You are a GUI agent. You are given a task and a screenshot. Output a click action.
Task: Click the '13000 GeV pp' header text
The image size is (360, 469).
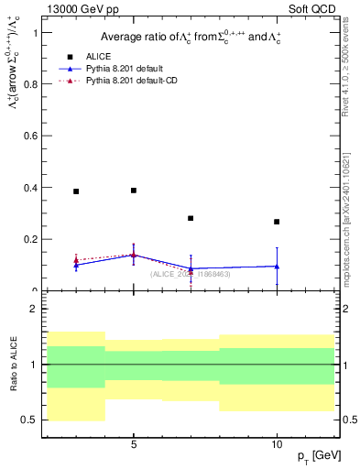pyautogui.click(x=80, y=9)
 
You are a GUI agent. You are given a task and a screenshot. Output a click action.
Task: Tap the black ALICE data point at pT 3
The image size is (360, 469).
pyautogui.click(x=76, y=191)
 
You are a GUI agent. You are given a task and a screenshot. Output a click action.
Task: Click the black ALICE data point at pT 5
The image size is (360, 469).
pyautogui.click(x=134, y=191)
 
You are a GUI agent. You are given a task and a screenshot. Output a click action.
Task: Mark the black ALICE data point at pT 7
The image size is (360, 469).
pyautogui.click(x=191, y=218)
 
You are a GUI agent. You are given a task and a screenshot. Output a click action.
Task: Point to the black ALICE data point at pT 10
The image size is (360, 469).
pyautogui.click(x=277, y=222)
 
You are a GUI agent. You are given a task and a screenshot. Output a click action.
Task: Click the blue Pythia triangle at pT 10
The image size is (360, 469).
pyautogui.click(x=277, y=267)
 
